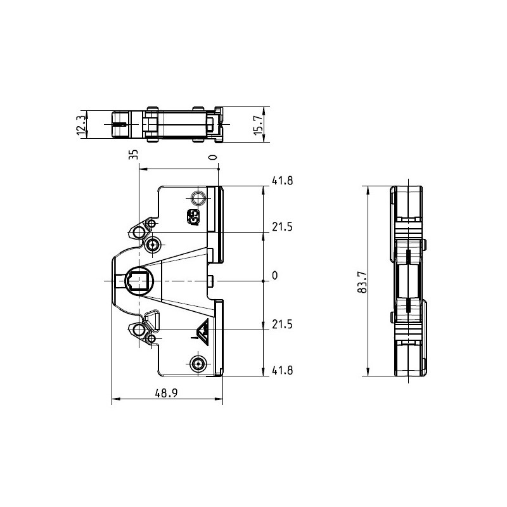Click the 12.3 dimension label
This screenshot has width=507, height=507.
pyautogui.click(x=82, y=124)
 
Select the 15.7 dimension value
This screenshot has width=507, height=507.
pyautogui.click(x=259, y=125)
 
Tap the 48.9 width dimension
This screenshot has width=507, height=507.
pyautogui.click(x=166, y=393)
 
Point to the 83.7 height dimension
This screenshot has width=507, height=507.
pyautogui.click(x=363, y=282)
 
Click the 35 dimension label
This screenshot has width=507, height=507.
pyautogui.click(x=134, y=154)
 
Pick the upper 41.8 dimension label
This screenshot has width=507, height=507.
pyautogui.click(x=282, y=181)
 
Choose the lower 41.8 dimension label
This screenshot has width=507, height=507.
pyautogui.click(x=282, y=371)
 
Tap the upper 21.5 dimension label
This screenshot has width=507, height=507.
pyautogui.click(x=282, y=227)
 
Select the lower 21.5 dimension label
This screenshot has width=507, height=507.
pyautogui.click(x=282, y=324)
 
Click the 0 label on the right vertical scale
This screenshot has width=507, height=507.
pyautogui.click(x=275, y=276)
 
